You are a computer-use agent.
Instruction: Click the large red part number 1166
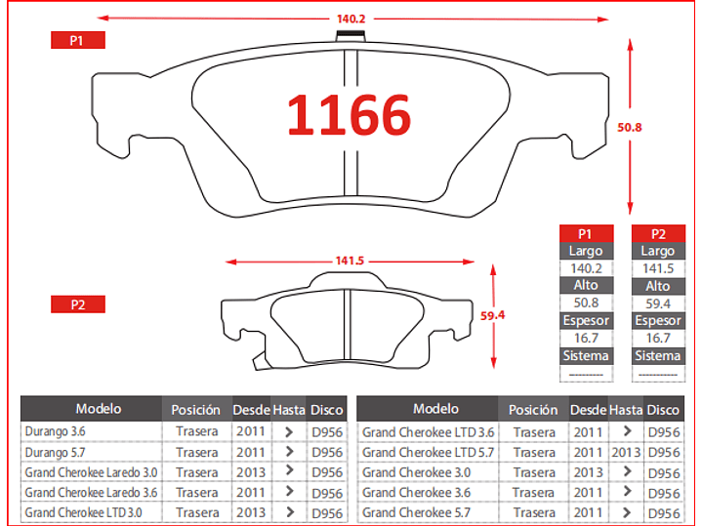[x=349, y=115]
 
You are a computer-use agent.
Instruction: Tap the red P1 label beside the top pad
[x=78, y=40]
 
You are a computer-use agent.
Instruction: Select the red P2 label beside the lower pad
[x=78, y=304]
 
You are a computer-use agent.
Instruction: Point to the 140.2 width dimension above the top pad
[x=351, y=19]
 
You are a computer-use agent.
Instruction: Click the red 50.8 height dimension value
[x=630, y=128]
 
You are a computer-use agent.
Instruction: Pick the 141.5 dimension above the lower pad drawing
[x=350, y=261]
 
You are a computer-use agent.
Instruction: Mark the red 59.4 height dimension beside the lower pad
[x=492, y=315]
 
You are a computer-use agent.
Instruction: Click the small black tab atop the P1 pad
[x=351, y=34]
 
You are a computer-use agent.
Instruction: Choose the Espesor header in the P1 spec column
[x=586, y=320]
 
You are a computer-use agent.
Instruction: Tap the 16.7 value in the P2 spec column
[x=658, y=338]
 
